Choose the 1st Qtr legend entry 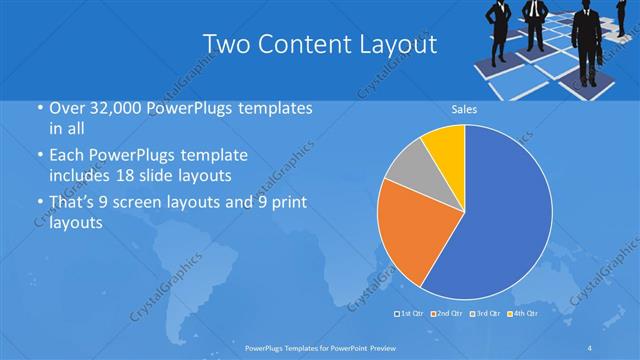point(411,313)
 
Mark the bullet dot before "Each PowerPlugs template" point(39,155)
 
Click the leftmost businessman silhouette point(499,21)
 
